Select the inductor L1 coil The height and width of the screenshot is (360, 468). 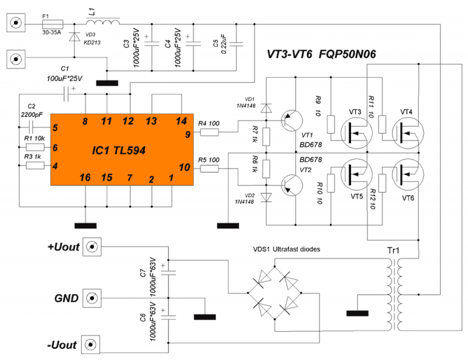click(104, 23)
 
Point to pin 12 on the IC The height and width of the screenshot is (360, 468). click(129, 121)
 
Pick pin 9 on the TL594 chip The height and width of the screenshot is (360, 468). click(187, 135)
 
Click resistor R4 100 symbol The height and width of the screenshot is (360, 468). click(209, 133)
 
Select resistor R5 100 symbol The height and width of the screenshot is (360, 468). click(209, 169)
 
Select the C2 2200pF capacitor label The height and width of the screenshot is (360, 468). click(32, 111)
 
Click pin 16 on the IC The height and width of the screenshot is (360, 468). click(85, 177)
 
